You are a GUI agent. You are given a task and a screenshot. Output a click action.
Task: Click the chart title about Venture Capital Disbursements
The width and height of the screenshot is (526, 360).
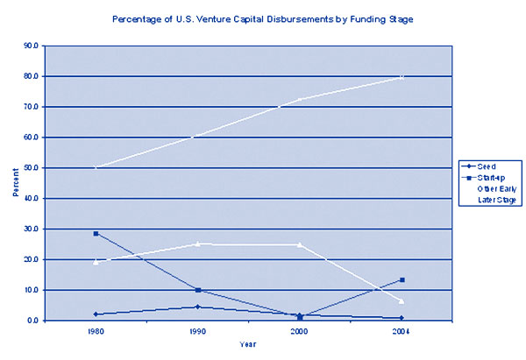[263, 17]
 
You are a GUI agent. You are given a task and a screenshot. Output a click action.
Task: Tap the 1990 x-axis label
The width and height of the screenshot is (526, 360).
[198, 332]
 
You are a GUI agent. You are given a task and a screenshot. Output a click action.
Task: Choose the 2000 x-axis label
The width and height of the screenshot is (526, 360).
[300, 332]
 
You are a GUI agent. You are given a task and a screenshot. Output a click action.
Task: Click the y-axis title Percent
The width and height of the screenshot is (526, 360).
[15, 182]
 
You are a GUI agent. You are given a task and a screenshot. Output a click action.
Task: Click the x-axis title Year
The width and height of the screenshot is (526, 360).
[248, 344]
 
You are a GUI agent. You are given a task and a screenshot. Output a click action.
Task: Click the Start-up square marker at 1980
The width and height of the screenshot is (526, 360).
[96, 234]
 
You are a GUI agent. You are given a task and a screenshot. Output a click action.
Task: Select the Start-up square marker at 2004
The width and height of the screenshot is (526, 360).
[402, 280]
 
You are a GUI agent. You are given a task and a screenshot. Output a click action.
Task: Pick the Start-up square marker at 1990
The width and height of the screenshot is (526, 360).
[198, 290]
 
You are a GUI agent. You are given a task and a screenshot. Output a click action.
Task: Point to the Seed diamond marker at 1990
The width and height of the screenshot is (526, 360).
[198, 307]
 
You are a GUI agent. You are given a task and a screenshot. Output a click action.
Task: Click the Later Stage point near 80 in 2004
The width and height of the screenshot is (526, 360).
[402, 77]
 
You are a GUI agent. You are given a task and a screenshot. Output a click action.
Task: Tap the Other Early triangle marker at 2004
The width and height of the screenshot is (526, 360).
[402, 301]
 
